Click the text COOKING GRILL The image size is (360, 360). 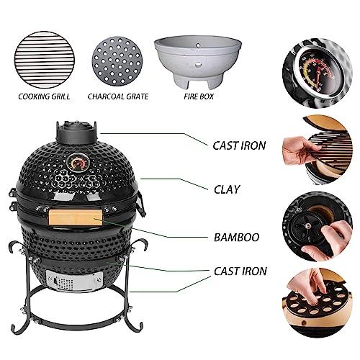[42, 94]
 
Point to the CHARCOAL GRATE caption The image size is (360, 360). [118, 94]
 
